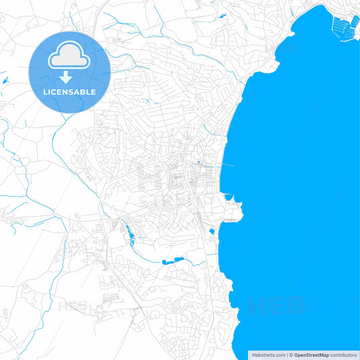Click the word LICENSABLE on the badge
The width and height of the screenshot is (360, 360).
(70, 92)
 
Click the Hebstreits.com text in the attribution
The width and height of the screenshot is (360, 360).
(268, 355)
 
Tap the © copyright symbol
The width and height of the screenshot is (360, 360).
(291, 355)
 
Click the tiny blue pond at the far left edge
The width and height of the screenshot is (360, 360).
(3, 82)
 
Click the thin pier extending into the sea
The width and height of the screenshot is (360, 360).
(227, 165)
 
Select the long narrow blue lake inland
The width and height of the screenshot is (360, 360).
(128, 236)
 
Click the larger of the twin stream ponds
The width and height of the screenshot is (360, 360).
(179, 259)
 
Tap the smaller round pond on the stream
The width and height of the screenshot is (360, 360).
(164, 262)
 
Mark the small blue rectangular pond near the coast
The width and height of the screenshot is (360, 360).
(212, 232)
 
